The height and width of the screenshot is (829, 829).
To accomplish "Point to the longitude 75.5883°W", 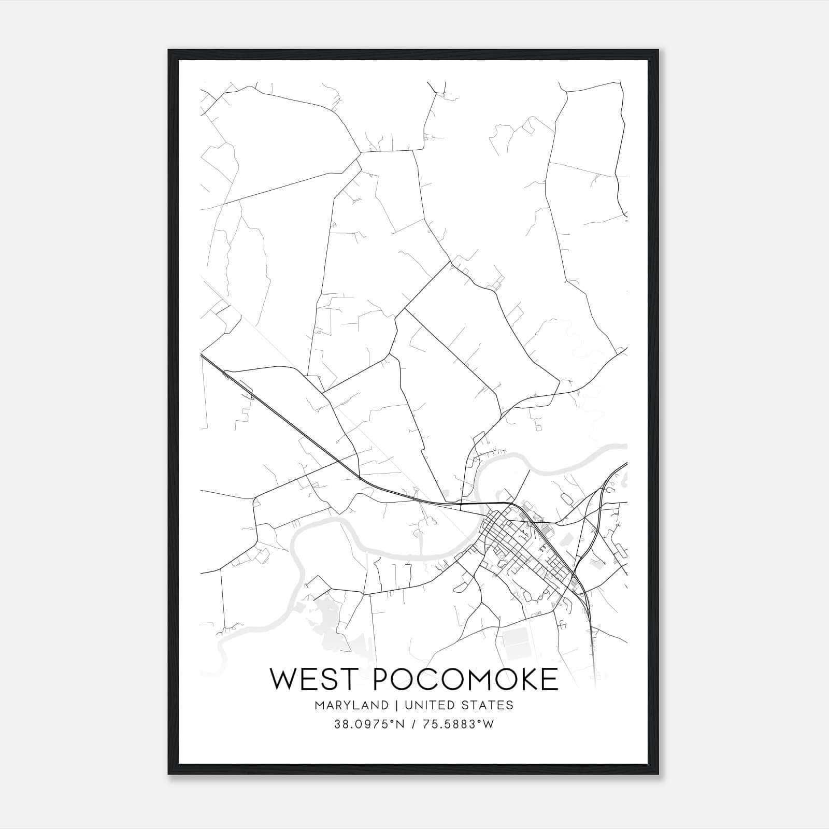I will (457, 724).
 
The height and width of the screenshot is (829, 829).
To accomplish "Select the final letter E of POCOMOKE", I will (549, 679).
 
